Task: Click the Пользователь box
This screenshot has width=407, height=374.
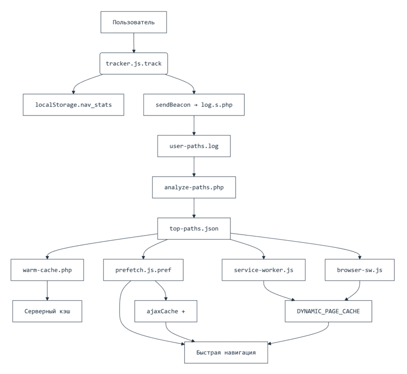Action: [x=134, y=22]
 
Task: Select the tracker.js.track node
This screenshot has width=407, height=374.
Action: [x=134, y=64]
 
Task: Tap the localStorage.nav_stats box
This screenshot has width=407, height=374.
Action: [x=73, y=105]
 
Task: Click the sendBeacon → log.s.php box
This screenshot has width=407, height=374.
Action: [x=194, y=105]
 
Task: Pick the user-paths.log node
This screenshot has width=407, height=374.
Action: [x=194, y=147]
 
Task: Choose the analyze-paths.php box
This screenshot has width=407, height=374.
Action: [x=194, y=187]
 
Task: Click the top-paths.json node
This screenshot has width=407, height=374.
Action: [x=194, y=228]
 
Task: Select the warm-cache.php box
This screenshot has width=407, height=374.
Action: [x=47, y=270]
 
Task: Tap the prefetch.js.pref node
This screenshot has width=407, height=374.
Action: [x=144, y=270]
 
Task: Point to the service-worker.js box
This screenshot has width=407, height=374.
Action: [x=264, y=270]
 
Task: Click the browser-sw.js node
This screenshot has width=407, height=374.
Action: [x=360, y=270]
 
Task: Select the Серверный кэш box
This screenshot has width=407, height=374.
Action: [x=47, y=311]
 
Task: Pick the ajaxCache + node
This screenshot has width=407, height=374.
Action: [x=166, y=311]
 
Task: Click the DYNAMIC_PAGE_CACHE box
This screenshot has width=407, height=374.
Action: [x=329, y=311]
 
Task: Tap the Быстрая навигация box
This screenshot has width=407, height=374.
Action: [x=226, y=352]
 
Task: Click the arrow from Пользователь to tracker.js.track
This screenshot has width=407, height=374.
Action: [x=134, y=43]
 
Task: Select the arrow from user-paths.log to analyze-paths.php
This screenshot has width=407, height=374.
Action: [x=194, y=167]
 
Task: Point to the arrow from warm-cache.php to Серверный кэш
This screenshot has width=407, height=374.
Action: [x=47, y=291]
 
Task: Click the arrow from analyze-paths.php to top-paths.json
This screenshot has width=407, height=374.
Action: [x=194, y=208]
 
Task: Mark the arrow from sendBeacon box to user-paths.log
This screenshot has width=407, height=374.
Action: [x=194, y=126]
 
